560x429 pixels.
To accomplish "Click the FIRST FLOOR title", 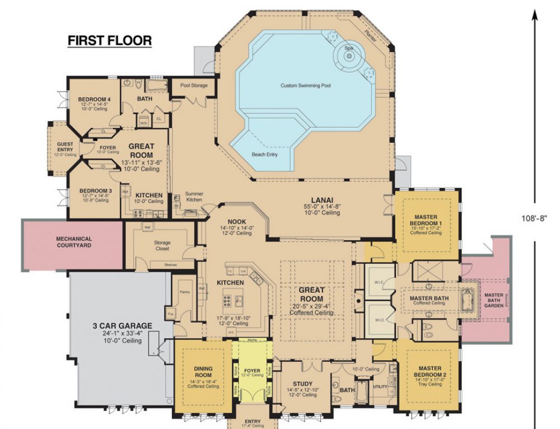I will [109, 41].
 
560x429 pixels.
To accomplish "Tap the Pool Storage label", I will [194, 86].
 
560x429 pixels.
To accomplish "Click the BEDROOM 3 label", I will [94, 191].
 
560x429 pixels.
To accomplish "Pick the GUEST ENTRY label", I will [65, 147].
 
